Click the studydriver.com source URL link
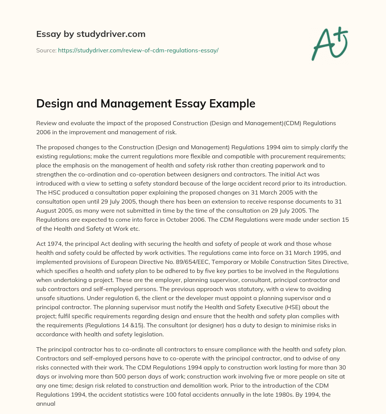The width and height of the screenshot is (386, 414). tap(138, 50)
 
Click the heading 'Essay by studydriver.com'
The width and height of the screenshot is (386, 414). tap(90, 34)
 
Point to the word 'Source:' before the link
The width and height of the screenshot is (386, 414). tap(46, 50)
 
